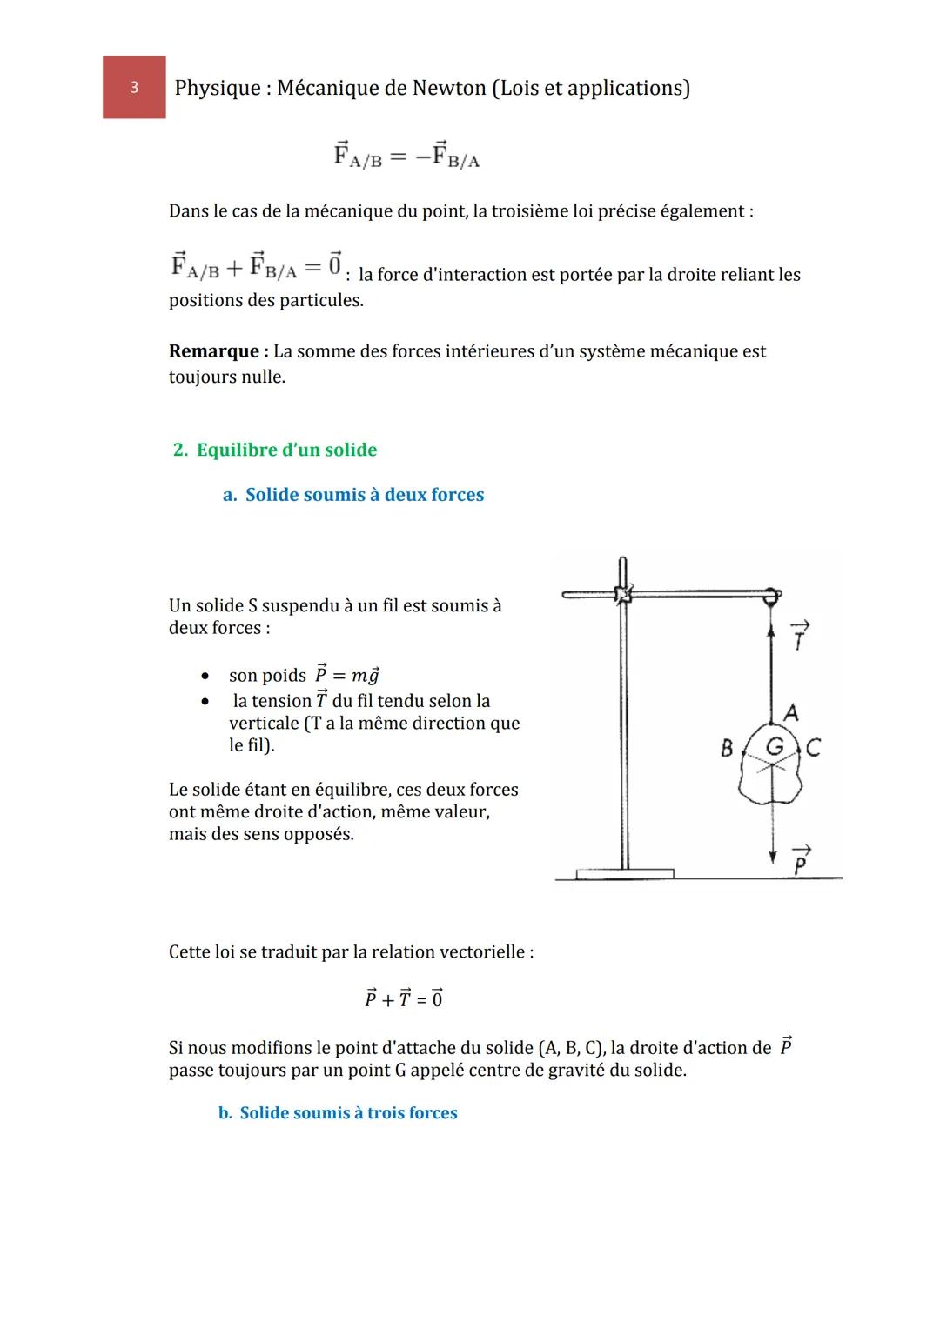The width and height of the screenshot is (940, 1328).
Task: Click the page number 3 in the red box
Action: click(x=134, y=87)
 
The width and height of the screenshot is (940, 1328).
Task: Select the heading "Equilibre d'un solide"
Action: click(x=286, y=450)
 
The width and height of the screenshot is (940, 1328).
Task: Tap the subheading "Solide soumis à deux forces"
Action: click(x=364, y=495)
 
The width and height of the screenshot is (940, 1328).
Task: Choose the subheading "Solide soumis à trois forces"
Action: click(x=348, y=1113)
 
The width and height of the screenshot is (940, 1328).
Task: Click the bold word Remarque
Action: click(x=214, y=351)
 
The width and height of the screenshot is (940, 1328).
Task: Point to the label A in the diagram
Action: click(x=791, y=713)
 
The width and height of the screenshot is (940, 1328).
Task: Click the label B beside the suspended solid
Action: click(x=727, y=748)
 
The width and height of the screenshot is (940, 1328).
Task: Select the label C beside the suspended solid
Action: click(x=813, y=748)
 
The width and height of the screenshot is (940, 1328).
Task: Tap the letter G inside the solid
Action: click(x=774, y=746)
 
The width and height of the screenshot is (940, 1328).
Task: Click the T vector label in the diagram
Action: click(x=799, y=637)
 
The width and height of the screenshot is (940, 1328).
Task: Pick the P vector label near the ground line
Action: click(x=801, y=860)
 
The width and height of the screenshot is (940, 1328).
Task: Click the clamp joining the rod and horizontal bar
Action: click(x=622, y=595)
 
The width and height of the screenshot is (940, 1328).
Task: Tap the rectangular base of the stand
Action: click(x=624, y=872)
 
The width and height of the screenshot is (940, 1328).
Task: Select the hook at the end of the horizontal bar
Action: click(x=771, y=597)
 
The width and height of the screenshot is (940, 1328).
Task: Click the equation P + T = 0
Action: click(x=404, y=998)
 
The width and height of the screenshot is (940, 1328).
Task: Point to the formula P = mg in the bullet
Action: click(x=347, y=675)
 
